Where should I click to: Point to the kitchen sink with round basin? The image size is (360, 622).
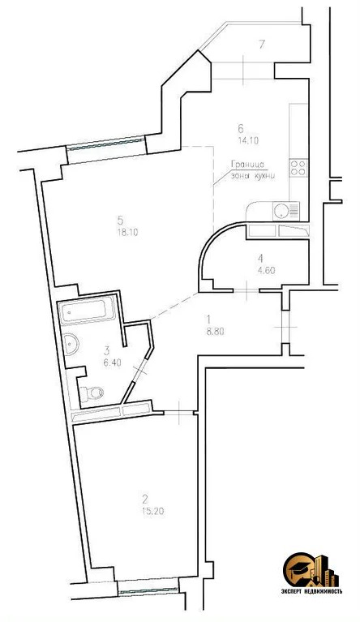click(281, 211)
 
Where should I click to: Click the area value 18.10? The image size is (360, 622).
click(123, 231)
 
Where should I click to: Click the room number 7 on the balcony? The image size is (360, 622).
click(260, 43)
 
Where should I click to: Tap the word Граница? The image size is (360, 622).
click(246, 162)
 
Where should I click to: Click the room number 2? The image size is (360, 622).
click(145, 500)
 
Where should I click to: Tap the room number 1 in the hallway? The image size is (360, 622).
click(208, 319)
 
